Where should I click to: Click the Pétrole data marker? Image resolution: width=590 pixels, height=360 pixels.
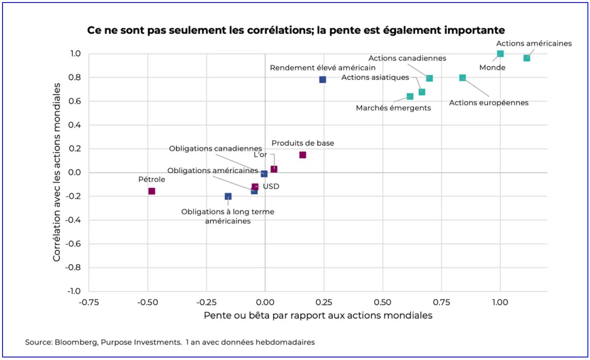pyautogui.click(x=152, y=191)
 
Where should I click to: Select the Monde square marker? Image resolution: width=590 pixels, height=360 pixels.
pyautogui.click(x=500, y=54)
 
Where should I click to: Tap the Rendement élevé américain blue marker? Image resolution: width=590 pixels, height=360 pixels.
pyautogui.click(x=322, y=80)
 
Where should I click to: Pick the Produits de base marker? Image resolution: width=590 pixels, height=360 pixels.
pyautogui.click(x=303, y=155)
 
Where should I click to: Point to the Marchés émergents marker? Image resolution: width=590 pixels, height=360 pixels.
pyautogui.click(x=410, y=96)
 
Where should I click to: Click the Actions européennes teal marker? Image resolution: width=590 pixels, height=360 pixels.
pyautogui.click(x=462, y=77)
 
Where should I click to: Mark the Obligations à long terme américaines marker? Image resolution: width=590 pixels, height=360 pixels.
pyautogui.click(x=228, y=196)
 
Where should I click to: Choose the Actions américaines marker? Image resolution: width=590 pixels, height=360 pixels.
pyautogui.click(x=527, y=58)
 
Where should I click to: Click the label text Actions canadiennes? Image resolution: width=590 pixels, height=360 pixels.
pyautogui.click(x=407, y=58)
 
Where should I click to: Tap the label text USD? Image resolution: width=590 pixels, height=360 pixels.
pyautogui.click(x=271, y=187)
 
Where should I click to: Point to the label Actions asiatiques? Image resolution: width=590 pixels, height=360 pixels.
pyautogui.click(x=375, y=77)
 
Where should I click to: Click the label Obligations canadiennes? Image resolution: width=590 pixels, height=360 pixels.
pyautogui.click(x=215, y=149)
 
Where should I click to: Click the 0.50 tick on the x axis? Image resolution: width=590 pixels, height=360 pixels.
pyautogui.click(x=382, y=302)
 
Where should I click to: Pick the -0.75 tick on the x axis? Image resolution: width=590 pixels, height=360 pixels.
pyautogui.click(x=89, y=302)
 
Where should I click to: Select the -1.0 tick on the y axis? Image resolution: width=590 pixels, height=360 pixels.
pyautogui.click(x=75, y=292)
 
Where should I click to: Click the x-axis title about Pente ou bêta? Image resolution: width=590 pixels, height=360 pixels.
pyautogui.click(x=318, y=315)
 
